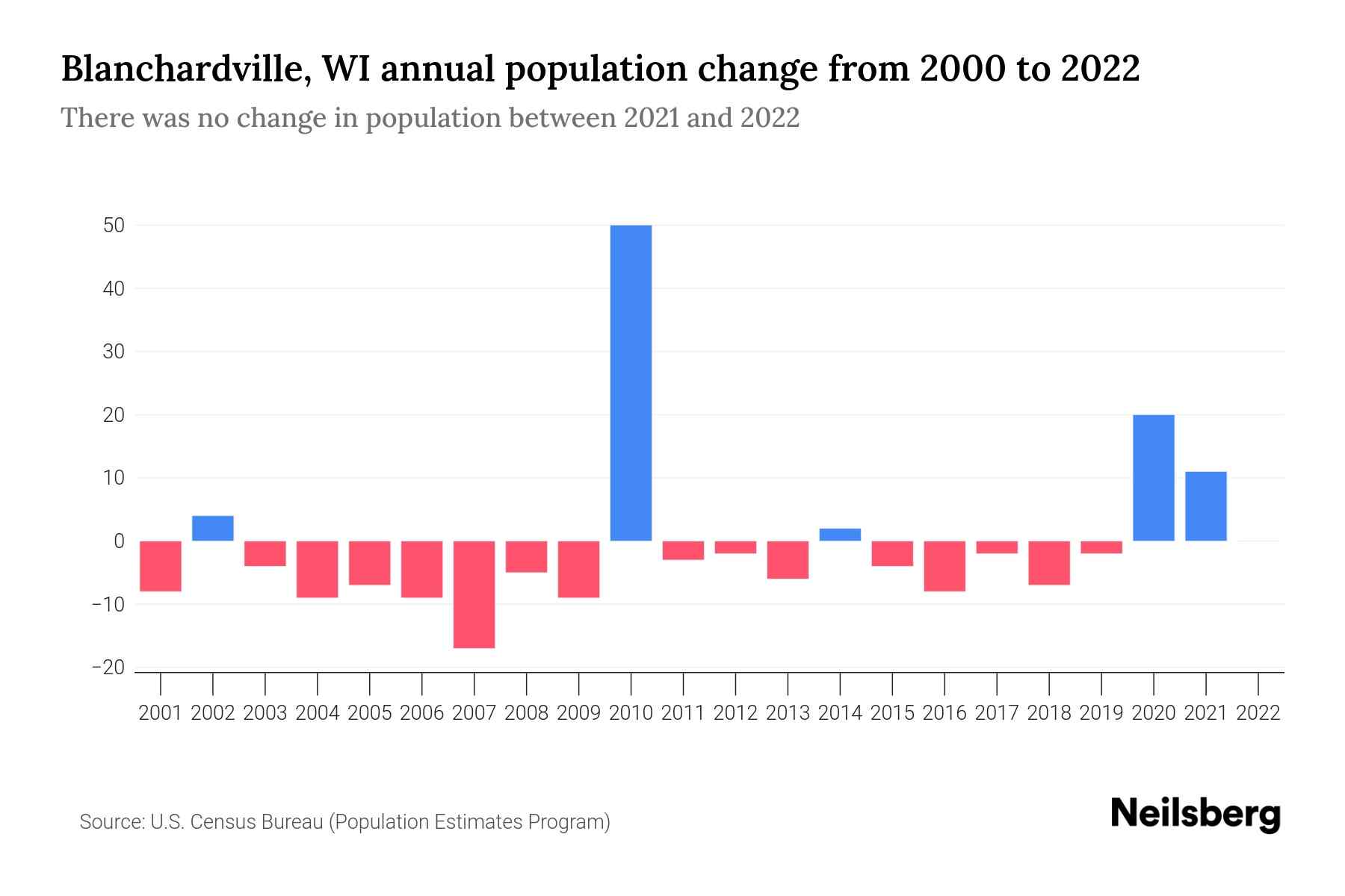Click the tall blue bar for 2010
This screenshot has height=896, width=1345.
(x=631, y=382)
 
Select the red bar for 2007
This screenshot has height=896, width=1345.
(x=474, y=594)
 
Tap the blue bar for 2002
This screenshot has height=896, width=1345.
(x=213, y=528)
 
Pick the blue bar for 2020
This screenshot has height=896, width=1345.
(x=1153, y=478)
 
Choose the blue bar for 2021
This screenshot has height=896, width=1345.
(x=1205, y=506)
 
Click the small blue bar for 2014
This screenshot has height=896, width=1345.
(x=840, y=535)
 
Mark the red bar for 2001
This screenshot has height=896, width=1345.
(x=161, y=566)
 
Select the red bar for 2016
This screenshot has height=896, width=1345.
(x=944, y=566)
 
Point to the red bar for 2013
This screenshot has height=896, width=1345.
(x=788, y=559)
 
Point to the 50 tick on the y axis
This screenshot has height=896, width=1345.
(x=114, y=225)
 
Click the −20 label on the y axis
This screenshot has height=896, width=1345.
(x=108, y=668)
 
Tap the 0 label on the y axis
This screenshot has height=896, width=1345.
(x=119, y=541)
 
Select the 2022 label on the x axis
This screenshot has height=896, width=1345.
(x=1258, y=713)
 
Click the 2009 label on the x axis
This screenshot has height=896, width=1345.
(x=578, y=713)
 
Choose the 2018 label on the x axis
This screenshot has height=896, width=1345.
(x=1049, y=713)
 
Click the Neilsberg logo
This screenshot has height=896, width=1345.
(x=1196, y=815)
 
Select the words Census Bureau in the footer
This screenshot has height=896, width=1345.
(x=257, y=822)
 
